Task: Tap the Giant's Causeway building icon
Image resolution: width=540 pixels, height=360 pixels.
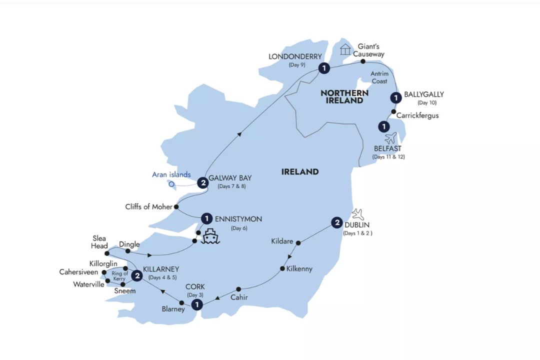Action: point(345,49)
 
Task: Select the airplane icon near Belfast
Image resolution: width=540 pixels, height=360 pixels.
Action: point(391,137)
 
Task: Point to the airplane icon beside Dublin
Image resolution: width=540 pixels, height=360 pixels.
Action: point(358,214)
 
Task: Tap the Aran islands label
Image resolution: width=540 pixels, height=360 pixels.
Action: point(171,174)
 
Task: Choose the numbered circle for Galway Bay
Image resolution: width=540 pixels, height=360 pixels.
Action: point(202,183)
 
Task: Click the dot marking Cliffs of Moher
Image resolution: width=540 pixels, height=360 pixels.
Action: point(176,206)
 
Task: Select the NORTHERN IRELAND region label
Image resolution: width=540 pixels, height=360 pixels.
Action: point(344,96)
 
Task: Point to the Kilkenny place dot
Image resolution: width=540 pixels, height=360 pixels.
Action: point(282,269)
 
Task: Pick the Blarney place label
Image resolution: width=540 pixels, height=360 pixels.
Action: point(172,309)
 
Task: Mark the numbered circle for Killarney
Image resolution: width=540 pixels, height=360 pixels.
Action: point(135,274)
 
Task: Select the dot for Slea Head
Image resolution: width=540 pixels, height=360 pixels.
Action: point(107,253)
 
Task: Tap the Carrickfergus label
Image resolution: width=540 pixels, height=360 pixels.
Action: point(417,115)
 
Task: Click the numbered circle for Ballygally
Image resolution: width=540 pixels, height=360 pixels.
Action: point(395,97)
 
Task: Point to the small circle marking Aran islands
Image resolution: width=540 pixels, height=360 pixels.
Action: point(171,183)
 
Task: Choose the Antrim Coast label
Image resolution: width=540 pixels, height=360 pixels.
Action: point(379,77)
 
